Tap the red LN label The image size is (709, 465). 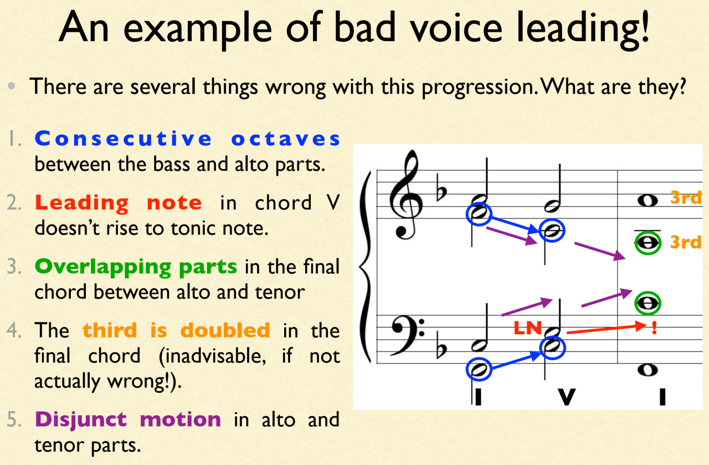[x=527, y=329]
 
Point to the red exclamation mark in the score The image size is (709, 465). [x=654, y=328]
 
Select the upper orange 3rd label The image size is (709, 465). [x=686, y=198]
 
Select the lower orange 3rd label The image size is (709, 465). [x=686, y=242]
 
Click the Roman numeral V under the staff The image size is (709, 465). [x=566, y=397]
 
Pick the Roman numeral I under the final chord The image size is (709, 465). [x=662, y=397]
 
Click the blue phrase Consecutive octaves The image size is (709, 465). [x=187, y=139]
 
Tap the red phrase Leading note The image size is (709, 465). [x=119, y=203]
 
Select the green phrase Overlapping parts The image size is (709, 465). [x=136, y=267]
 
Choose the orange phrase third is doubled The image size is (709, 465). [x=176, y=331]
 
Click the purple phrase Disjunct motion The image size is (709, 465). [x=127, y=420]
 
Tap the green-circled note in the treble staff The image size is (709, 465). [x=648, y=242]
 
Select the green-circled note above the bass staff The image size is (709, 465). [x=648, y=303]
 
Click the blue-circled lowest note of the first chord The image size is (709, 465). [x=480, y=369]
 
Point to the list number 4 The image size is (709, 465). [x=16, y=331]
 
